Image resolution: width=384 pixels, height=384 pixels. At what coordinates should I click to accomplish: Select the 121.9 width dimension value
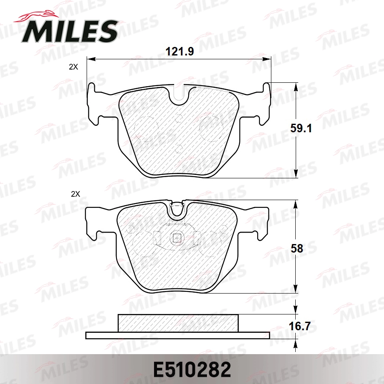click(x=180, y=52)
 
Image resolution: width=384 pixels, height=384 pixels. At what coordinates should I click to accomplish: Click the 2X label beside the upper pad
click(x=74, y=67)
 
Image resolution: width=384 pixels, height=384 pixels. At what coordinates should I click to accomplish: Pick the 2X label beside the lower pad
click(x=75, y=194)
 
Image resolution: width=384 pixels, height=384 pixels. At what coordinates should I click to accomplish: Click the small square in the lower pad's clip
click(x=176, y=239)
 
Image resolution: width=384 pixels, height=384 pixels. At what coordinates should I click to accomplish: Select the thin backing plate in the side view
click(x=178, y=335)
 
